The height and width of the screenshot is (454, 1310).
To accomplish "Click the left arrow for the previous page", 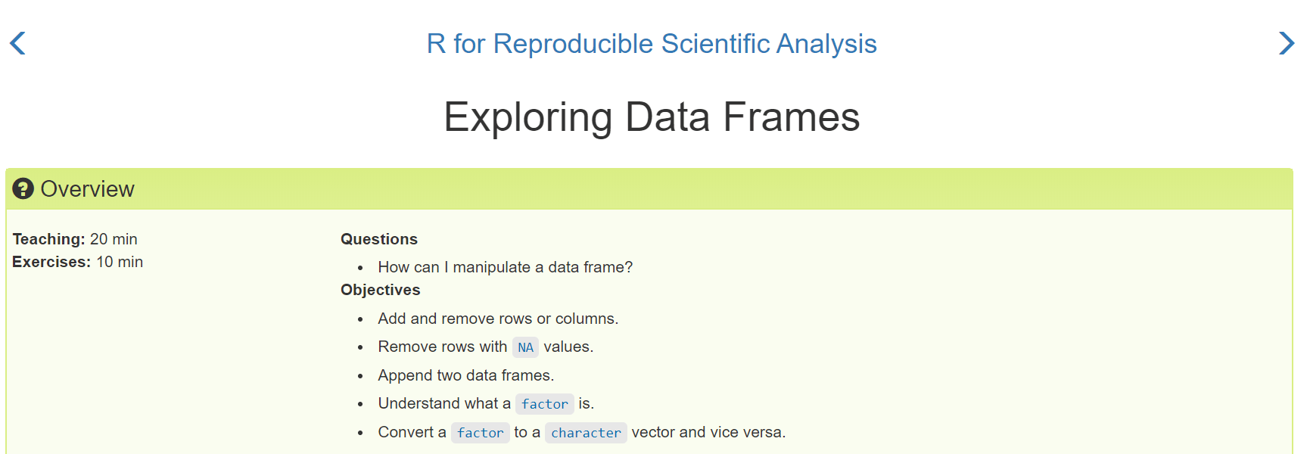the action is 17,43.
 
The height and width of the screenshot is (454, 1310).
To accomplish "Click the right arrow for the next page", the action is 1287,43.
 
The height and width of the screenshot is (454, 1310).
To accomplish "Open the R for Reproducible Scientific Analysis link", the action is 652,44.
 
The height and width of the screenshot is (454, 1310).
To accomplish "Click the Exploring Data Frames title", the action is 652,117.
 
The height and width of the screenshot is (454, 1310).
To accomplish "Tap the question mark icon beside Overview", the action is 23,188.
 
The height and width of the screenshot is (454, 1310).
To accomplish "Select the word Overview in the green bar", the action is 88,189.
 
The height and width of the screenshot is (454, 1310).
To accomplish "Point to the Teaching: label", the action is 48,239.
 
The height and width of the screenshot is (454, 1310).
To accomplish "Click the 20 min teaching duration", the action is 114,239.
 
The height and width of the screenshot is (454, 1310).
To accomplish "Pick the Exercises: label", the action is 51,262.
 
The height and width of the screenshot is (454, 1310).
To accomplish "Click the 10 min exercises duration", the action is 120,262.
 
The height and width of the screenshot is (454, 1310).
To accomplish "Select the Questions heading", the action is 379,239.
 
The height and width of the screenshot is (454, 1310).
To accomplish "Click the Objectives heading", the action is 381,290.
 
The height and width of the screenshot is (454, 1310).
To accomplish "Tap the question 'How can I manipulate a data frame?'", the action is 506,267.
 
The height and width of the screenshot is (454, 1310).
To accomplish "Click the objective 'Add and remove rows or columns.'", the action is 498,319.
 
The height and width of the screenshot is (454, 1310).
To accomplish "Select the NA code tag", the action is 525,347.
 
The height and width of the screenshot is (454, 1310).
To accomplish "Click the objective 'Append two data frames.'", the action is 466,375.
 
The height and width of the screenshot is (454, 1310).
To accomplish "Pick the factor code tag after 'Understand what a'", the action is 544,404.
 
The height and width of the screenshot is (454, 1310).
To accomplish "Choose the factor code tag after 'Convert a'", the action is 480,433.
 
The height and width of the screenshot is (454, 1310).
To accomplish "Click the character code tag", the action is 586,433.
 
